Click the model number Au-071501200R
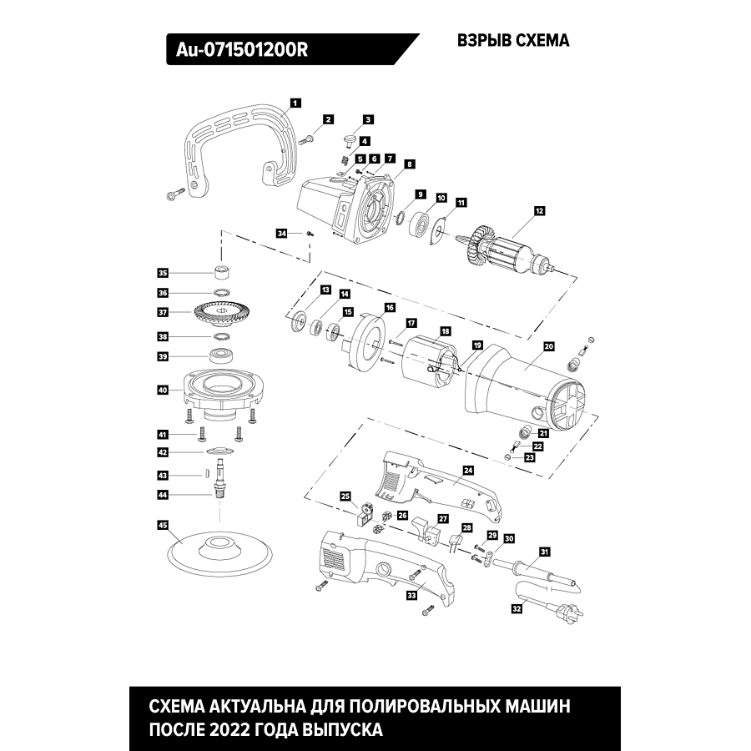pos(242,49)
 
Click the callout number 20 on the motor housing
pos(548,345)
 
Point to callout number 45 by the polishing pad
pos(163,525)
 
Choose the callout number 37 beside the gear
pos(163,312)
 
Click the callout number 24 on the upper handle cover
pos(468,470)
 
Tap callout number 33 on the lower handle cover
pos(411,595)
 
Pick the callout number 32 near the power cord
pos(517,610)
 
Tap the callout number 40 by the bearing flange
pos(163,390)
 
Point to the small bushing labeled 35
pos(222,272)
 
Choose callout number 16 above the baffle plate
pos(389,308)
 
